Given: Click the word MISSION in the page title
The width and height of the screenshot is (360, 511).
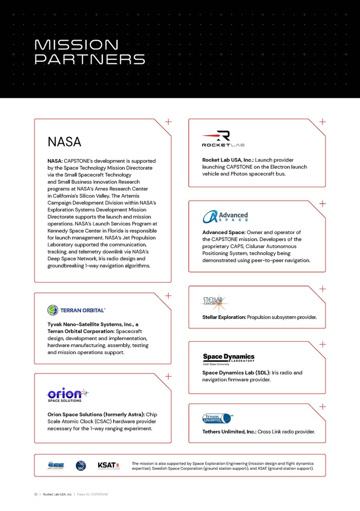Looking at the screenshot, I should coord(76,45).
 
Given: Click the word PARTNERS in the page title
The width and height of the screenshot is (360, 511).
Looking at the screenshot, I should coord(89,59).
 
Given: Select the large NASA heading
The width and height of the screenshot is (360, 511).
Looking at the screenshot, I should coord(64,142).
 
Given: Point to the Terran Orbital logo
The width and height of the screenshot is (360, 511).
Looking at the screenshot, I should coord(76,310).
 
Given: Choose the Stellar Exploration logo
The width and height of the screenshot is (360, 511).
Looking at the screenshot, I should coord(214,302).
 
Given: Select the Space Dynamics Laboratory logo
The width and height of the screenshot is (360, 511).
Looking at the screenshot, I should coord(228,359).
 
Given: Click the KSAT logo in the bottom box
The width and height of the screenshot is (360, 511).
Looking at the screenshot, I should coord(109,465).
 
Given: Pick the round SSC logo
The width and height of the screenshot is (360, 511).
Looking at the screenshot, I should coord(81,465).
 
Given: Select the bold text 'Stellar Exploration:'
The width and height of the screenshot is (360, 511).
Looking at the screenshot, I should coord(224,317).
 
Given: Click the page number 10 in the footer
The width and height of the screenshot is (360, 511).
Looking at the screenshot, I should coord(36,495).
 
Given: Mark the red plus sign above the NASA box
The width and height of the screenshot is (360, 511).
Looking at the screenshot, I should coord(168,122).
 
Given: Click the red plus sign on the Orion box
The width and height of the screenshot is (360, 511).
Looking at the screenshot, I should coord(168,377).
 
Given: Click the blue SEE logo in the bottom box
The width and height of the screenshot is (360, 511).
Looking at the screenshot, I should coord(56,465).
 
